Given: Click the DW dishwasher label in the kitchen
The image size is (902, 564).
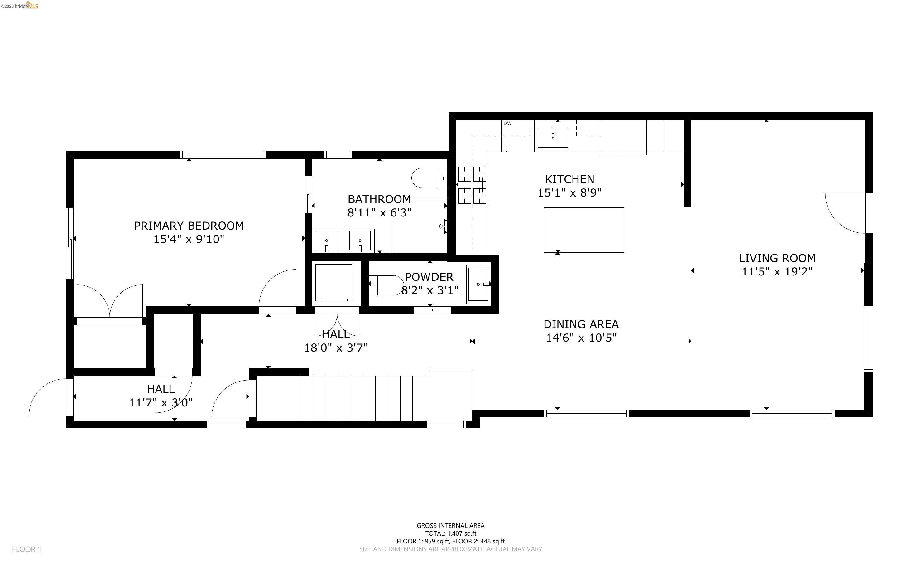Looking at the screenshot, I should (507, 124).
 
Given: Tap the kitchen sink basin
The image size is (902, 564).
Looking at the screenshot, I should (553, 138).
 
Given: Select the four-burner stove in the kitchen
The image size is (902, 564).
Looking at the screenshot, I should (472, 185).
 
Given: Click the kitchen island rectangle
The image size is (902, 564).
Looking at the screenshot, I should (583, 230).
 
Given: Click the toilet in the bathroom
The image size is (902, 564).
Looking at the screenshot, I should (429, 178).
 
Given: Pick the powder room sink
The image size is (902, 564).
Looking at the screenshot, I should (478, 284).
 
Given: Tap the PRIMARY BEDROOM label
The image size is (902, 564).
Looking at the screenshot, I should (189, 226).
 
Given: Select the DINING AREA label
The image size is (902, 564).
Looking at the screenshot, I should (581, 324).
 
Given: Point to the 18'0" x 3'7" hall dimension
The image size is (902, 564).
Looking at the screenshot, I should (336, 348).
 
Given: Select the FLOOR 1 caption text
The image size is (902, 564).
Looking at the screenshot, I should (26, 549).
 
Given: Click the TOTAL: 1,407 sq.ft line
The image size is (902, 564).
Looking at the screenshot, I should (450, 533).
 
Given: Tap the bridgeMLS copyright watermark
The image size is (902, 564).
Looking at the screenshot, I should (19, 6).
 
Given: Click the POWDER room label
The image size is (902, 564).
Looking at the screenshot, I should (429, 277).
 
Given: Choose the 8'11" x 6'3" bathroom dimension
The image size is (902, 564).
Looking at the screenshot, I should (379, 213).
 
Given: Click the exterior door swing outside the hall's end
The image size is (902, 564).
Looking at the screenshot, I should (48, 398).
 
